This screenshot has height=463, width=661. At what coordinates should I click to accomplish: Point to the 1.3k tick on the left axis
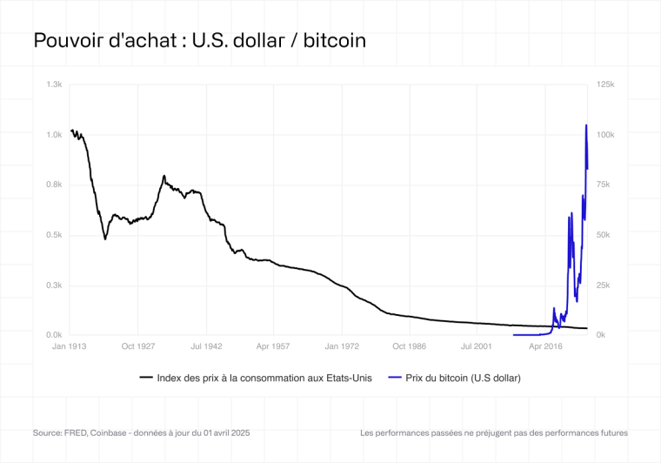[54, 84]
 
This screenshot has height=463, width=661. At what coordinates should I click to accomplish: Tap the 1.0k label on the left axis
[54, 135]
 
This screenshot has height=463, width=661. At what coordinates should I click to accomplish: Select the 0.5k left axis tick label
[54, 235]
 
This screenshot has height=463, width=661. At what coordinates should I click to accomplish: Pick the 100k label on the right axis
[606, 135]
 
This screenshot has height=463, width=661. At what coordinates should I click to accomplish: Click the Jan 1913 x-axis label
[69, 346]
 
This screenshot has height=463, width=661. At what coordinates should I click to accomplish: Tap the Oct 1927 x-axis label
[137, 346]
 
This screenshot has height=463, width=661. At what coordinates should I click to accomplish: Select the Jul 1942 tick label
[206, 346]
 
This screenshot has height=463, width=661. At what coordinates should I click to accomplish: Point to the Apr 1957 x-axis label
[274, 346]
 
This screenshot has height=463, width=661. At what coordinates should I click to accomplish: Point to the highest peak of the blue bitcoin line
[586, 125]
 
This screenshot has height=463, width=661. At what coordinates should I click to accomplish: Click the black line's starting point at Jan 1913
[71, 131]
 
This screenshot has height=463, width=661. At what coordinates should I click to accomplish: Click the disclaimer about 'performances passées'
[493, 433]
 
